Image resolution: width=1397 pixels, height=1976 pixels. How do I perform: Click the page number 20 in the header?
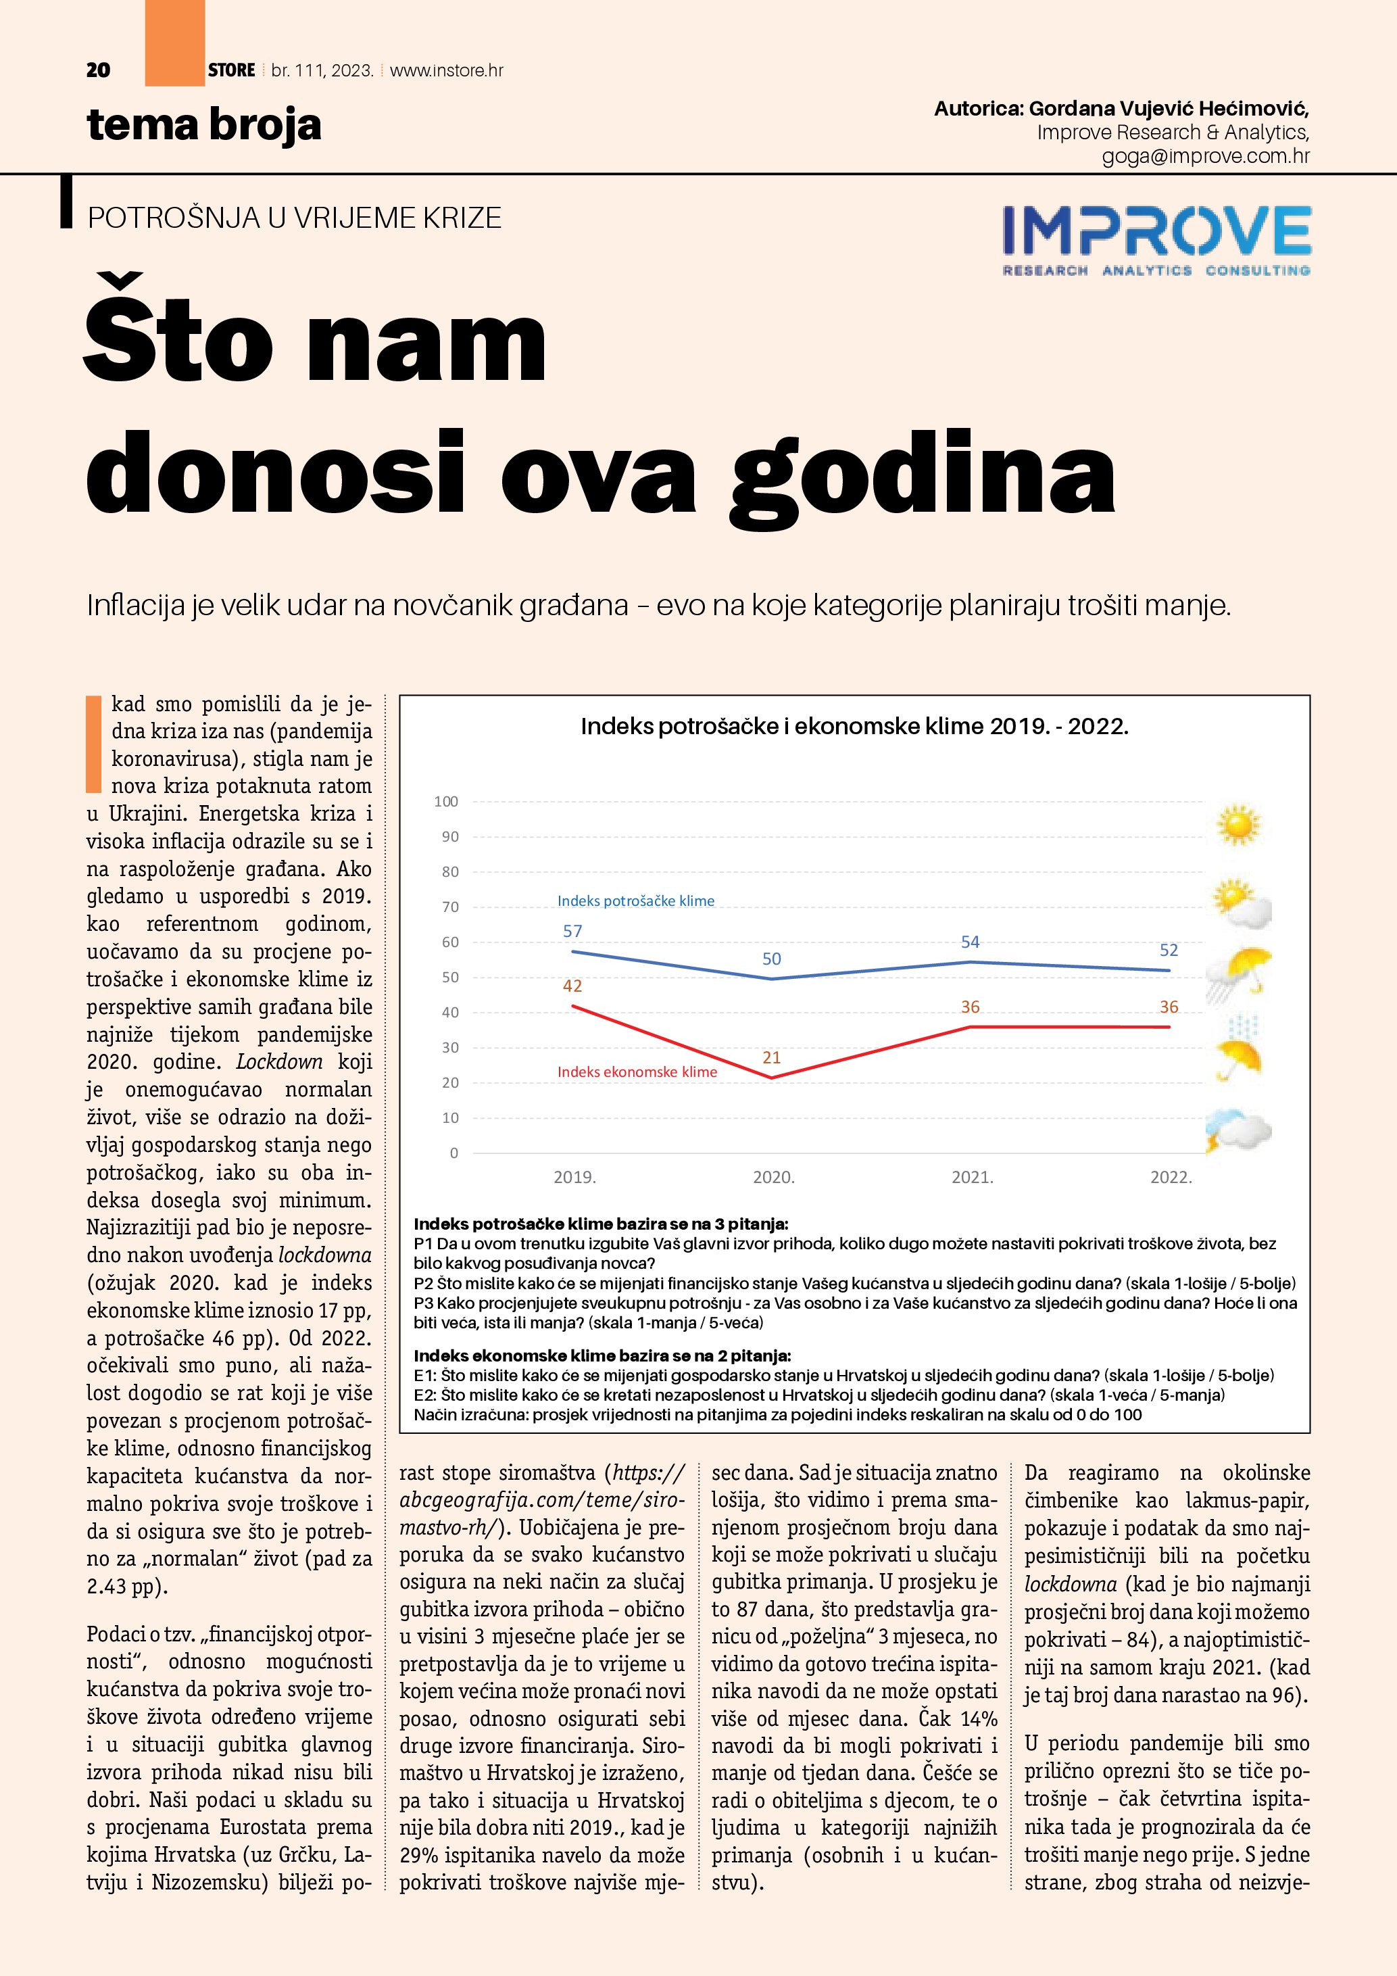point(98,70)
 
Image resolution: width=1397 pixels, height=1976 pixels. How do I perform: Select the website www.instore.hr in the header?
point(447,70)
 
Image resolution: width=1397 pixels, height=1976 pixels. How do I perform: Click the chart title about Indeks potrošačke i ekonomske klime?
point(854,726)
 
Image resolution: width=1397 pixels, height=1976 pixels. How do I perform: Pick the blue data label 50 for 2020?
point(772,959)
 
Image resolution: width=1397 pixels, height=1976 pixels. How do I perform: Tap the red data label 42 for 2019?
point(572,986)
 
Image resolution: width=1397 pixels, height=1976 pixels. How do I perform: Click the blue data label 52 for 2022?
point(1168,950)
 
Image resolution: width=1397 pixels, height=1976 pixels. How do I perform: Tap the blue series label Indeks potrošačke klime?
point(636,901)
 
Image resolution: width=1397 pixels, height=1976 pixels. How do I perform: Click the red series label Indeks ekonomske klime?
point(637,1071)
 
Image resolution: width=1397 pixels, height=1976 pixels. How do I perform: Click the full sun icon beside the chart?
point(1238,825)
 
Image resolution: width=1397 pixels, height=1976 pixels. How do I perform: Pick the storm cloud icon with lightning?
point(1238,1132)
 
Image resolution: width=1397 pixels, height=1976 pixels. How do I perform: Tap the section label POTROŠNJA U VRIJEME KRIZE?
point(294,218)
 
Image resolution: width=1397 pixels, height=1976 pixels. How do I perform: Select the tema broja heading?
point(204,126)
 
